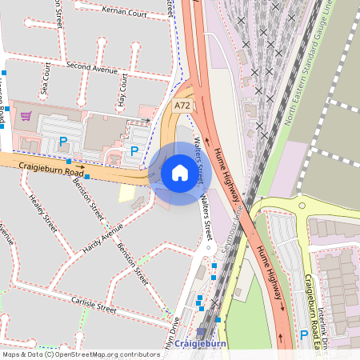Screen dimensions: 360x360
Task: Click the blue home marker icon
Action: (180, 173)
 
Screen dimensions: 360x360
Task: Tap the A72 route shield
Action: (183, 106)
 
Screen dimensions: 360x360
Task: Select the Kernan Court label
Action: (126, 13)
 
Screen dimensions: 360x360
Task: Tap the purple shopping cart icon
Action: (26, 116)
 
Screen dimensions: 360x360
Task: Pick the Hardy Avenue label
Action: (102, 239)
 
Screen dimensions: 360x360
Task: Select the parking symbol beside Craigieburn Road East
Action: (303, 334)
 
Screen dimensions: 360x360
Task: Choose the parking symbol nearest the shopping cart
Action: (64, 142)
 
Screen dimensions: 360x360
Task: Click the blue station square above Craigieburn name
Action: (200, 331)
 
